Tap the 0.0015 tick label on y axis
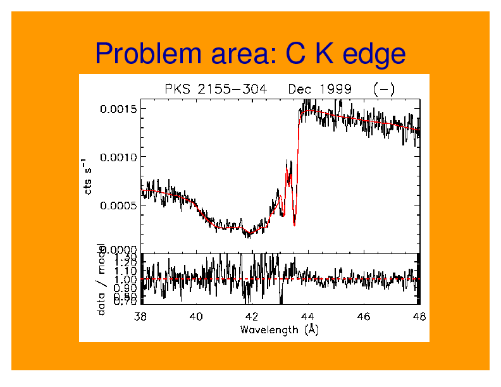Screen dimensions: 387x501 coord(118,109)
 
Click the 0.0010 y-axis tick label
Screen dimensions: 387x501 coord(118,157)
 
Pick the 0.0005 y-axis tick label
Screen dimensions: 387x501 coord(118,205)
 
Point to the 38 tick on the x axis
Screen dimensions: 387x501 coord(141,316)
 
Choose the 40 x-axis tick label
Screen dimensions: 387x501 coord(196,316)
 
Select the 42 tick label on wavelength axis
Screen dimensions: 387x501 coord(252,316)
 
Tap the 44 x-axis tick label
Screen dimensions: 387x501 coord(307,316)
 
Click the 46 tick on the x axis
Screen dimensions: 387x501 coord(363,316)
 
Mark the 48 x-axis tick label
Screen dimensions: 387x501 coord(418,316)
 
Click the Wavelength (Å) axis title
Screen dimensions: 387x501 coord(279,329)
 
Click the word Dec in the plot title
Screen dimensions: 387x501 coord(299,89)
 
